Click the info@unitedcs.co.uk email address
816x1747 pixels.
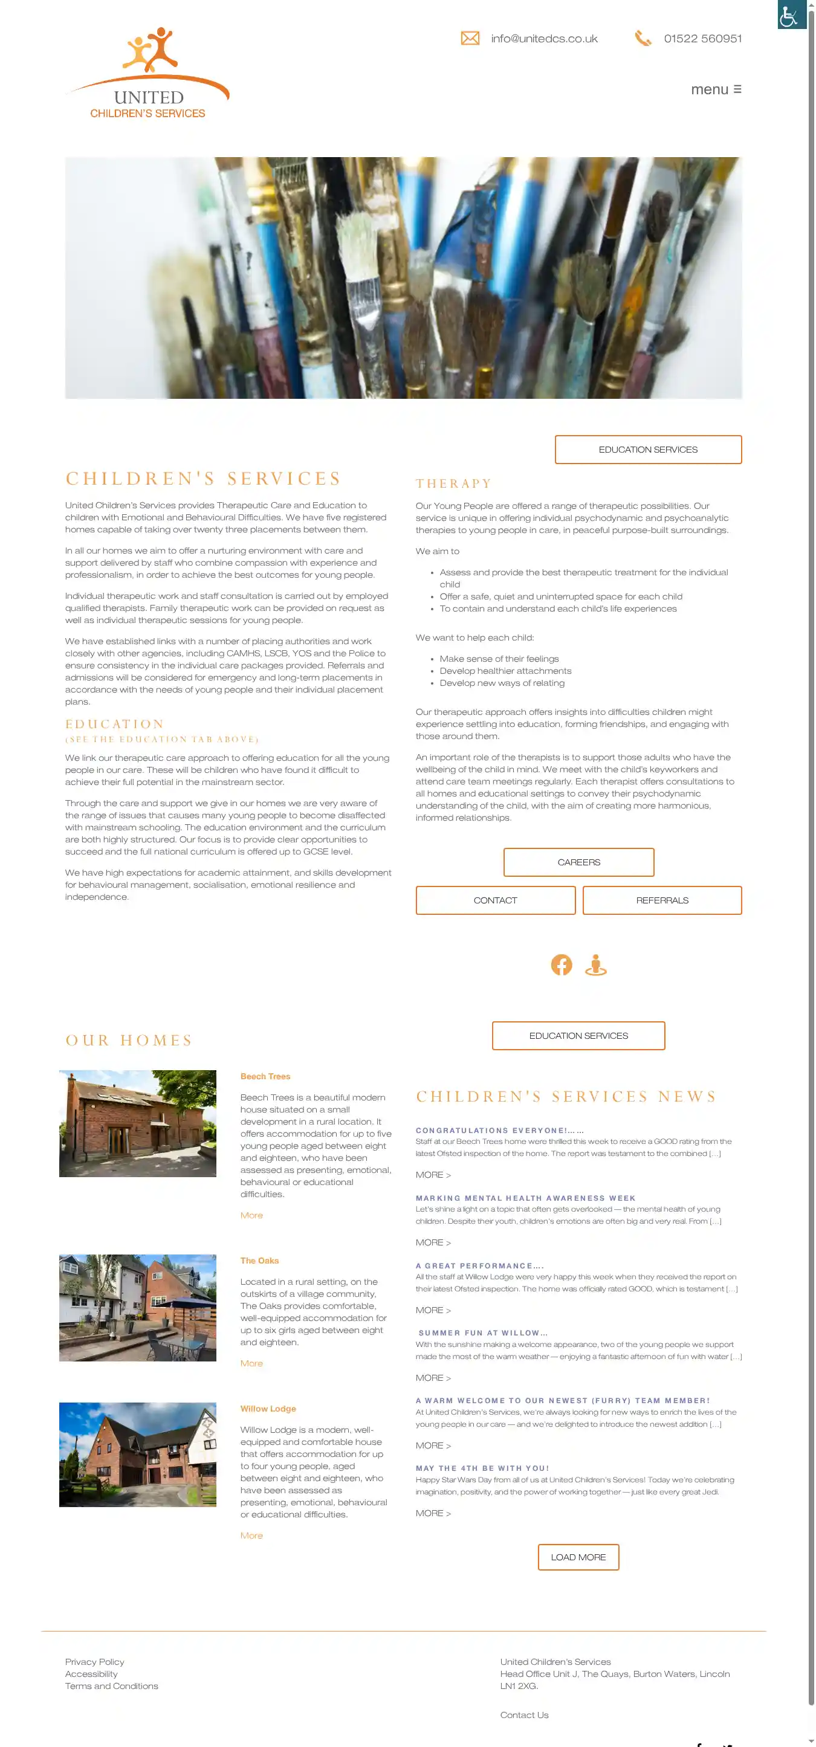(544, 39)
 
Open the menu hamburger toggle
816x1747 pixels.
(716, 89)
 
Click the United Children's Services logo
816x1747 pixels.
(148, 73)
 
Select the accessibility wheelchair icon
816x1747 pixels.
(791, 15)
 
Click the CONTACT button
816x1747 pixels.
(495, 900)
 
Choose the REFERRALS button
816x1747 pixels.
(661, 900)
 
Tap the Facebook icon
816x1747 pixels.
(561, 964)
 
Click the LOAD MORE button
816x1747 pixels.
(578, 1557)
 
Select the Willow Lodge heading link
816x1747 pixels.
(268, 1409)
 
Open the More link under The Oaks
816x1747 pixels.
(251, 1363)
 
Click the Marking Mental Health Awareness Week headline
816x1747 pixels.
(526, 1198)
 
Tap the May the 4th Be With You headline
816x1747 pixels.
(482, 1468)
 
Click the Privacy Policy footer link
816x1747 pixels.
(95, 1662)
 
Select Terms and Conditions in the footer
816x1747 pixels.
(111, 1686)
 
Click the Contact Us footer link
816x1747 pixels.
(524, 1715)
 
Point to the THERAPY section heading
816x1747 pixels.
(454, 483)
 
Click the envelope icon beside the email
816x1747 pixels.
(470, 39)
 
